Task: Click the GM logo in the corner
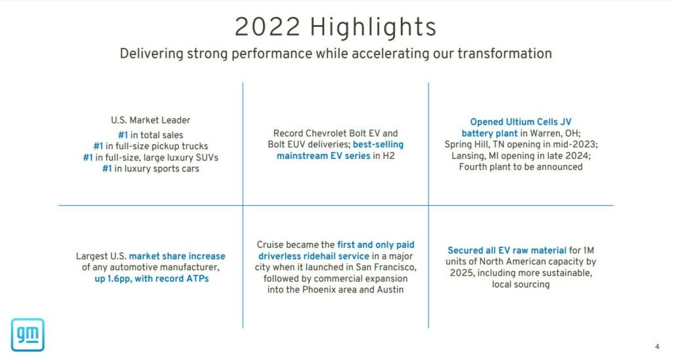click(x=28, y=334)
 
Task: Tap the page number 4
click(x=657, y=347)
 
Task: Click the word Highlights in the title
click(x=373, y=27)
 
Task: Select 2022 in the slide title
click(x=267, y=27)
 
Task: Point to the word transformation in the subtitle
click(x=504, y=54)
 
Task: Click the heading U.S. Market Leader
click(x=151, y=120)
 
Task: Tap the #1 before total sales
click(x=123, y=135)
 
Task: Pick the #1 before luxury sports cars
click(x=107, y=169)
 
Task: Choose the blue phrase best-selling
click(x=378, y=145)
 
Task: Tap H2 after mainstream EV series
click(x=388, y=156)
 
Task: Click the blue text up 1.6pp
click(x=112, y=279)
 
